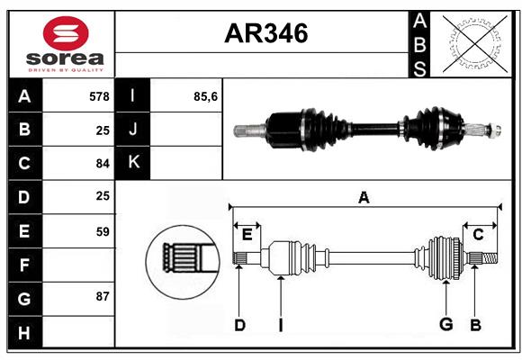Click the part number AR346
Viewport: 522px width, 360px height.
click(x=266, y=33)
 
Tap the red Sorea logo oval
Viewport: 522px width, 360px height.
click(x=66, y=33)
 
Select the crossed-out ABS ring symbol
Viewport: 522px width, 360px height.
click(x=475, y=44)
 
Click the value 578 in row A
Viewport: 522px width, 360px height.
click(x=99, y=96)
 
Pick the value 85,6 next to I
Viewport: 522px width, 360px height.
click(x=205, y=96)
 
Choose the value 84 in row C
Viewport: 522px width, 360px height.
click(x=103, y=164)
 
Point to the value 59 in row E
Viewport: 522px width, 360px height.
click(x=103, y=231)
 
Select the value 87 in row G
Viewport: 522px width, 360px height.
click(x=103, y=296)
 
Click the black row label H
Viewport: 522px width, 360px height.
click(x=24, y=332)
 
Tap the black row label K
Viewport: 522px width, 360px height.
click(x=133, y=163)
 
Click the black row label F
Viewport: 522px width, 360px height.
click(x=24, y=265)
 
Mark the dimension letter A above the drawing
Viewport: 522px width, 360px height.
click(x=364, y=197)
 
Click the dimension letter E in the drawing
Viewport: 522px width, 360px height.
click(x=247, y=235)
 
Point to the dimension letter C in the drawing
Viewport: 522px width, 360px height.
click(x=478, y=235)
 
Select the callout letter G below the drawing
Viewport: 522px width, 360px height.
click(x=446, y=324)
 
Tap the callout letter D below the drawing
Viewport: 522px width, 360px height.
click(x=239, y=325)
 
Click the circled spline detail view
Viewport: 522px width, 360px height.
click(x=183, y=262)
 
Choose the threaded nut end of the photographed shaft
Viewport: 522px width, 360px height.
click(x=495, y=130)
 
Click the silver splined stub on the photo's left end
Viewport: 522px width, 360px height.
click(x=249, y=130)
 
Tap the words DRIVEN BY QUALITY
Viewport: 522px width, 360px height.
click(x=66, y=70)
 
